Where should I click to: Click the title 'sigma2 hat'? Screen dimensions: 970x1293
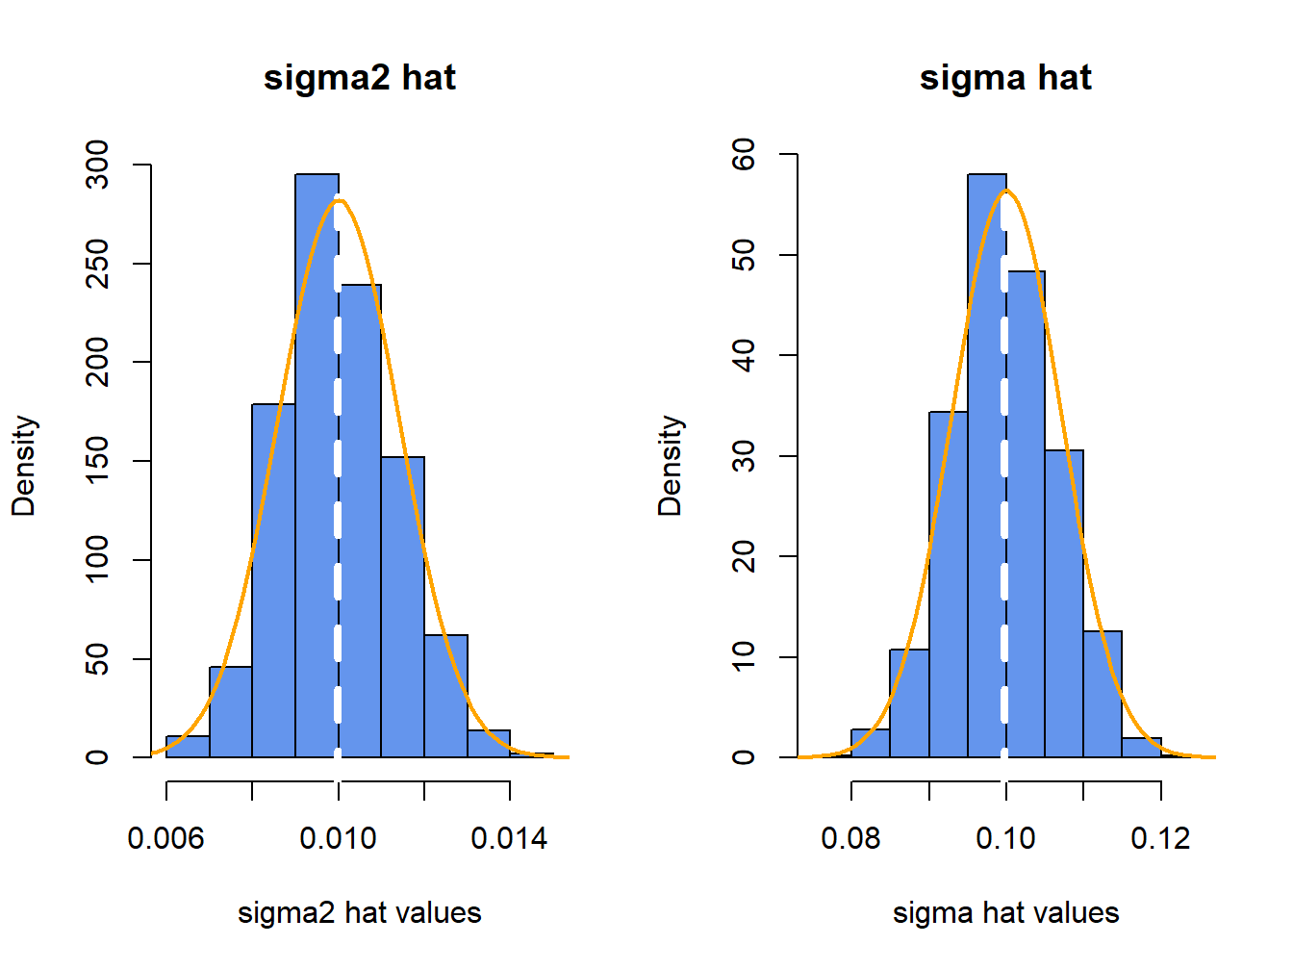[359, 77]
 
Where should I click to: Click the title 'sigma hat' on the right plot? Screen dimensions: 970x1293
[1005, 77]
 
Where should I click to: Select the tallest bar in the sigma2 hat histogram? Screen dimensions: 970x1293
[317, 462]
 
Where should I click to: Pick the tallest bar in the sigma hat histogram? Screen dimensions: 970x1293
[986, 462]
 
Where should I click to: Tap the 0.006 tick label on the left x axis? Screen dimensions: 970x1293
[165, 838]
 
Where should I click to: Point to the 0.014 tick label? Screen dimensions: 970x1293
[509, 838]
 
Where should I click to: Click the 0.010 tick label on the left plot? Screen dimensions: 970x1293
[338, 838]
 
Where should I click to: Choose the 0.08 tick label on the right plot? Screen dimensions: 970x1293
[850, 838]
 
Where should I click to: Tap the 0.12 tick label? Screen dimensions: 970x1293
[1160, 838]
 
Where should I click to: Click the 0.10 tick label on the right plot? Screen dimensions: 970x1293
[1005, 838]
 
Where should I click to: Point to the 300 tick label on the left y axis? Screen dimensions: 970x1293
[98, 165]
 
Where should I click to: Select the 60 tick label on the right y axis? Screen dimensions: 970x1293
[745, 154]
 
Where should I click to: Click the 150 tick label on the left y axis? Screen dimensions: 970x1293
[98, 461]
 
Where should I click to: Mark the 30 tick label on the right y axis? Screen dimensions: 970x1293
[745, 456]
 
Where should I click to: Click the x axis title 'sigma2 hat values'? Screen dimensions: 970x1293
[359, 912]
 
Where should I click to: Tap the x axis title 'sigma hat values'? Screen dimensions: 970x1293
[1005, 912]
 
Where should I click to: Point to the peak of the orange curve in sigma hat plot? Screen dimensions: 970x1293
[1006, 191]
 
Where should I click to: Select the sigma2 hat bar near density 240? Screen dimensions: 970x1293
[361, 520]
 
